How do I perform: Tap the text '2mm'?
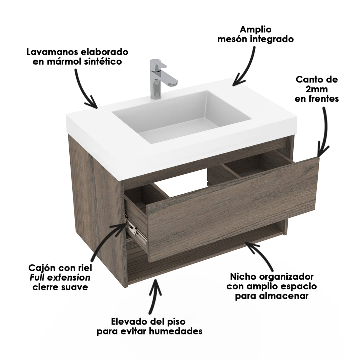316,89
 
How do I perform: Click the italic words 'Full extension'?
60,278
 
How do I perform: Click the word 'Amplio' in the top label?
255,29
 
